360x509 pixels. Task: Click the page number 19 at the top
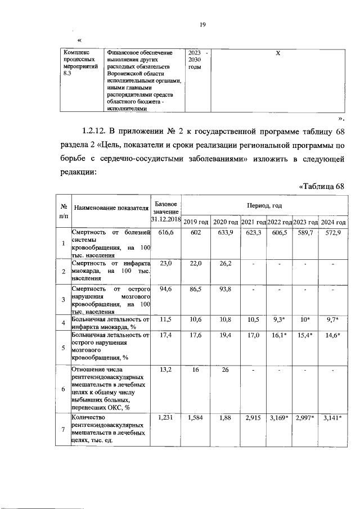(203, 24)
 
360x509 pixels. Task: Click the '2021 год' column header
(253, 222)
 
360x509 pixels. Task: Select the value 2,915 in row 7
(253, 418)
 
